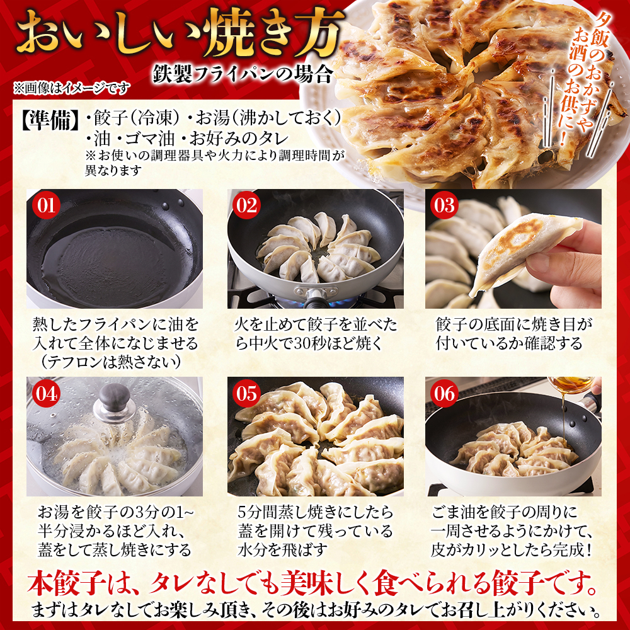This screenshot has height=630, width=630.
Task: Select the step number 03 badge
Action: click(x=444, y=205)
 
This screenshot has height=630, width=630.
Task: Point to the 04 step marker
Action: click(x=46, y=393)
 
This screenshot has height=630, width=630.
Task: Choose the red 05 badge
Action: click(x=246, y=393)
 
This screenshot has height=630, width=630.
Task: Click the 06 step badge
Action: click(x=444, y=393)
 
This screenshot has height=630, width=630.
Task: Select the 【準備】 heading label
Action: click(x=50, y=119)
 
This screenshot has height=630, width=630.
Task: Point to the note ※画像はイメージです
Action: click(x=72, y=88)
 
